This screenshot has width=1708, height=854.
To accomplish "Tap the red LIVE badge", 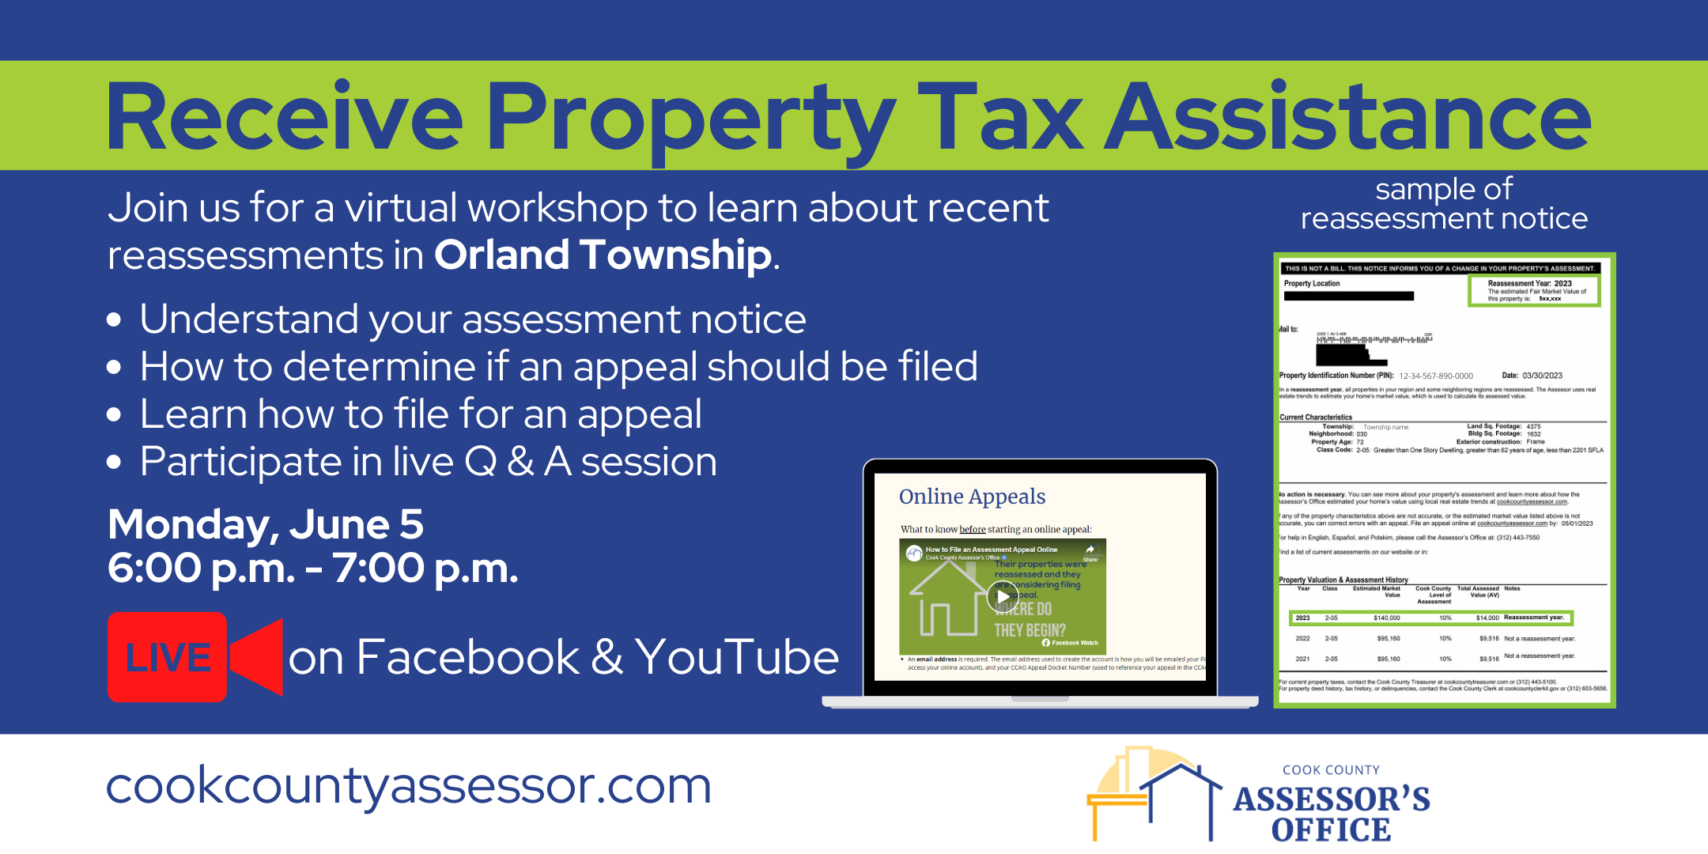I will [x=168, y=657].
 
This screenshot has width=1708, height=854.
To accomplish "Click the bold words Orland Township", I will [x=603, y=255].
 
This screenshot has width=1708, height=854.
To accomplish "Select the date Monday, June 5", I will [x=266, y=524].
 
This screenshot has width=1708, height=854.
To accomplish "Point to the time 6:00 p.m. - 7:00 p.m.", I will [x=313, y=568].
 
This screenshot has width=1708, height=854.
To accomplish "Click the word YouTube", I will [x=736, y=657].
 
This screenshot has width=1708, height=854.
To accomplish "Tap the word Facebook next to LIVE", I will [x=468, y=657].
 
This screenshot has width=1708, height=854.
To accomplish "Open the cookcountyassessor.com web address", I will [x=409, y=786].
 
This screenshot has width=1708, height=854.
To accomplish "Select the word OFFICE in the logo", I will [x=1331, y=830].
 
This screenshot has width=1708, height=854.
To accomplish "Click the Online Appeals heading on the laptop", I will [x=972, y=497].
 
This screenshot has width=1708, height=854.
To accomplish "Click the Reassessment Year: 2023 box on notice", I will [x=1533, y=290].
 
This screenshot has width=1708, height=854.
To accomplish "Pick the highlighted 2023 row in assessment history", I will [x=1430, y=618].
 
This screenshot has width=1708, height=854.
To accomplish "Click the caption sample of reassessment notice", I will [x=1444, y=204].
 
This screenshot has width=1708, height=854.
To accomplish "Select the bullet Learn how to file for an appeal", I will [x=420, y=414].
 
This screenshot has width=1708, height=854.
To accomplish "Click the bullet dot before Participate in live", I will [x=115, y=462].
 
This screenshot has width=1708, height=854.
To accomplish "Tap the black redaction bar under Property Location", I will [x=1348, y=297].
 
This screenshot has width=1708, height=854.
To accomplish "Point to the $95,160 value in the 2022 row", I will [x=1388, y=638].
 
